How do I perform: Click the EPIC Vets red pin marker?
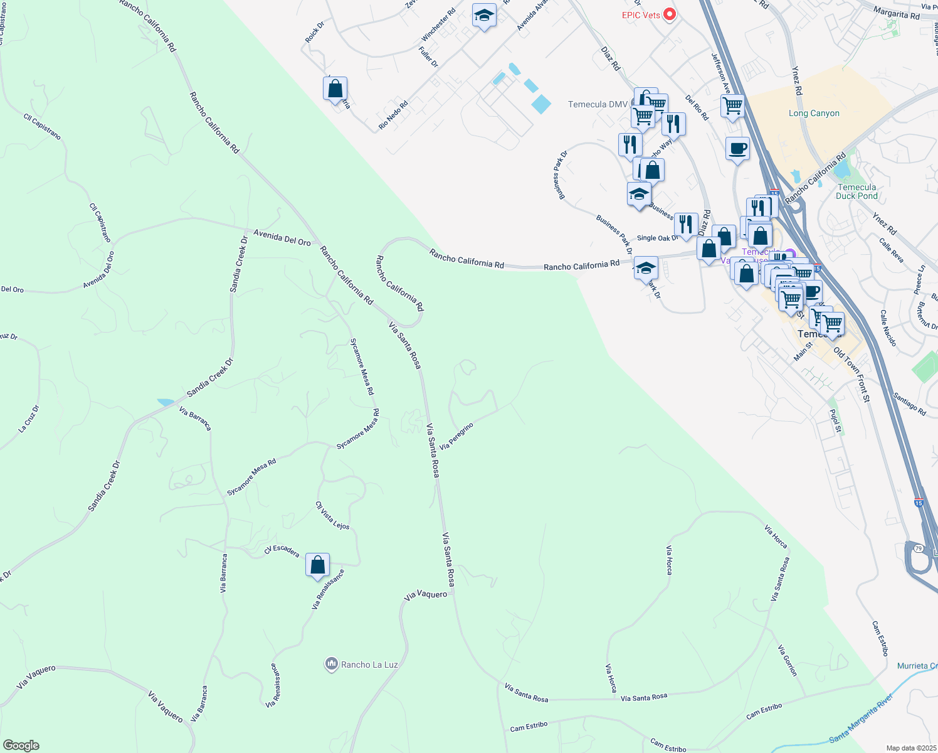pyautogui.click(x=669, y=14)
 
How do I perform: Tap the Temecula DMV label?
pyautogui.click(x=598, y=104)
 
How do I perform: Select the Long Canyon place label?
pyautogui.click(x=814, y=114)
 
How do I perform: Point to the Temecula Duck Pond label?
pyautogui.click(x=856, y=191)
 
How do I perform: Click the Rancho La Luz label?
pyautogui.click(x=369, y=665)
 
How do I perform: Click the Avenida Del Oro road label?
pyautogui.click(x=282, y=237)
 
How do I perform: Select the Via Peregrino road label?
pyautogui.click(x=456, y=436)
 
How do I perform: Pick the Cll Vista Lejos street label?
pyautogui.click(x=332, y=515)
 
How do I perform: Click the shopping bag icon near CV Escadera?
pyautogui.click(x=318, y=565)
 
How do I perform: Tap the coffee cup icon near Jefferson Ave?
pyautogui.click(x=737, y=149)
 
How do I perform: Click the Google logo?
pyautogui.click(x=21, y=745)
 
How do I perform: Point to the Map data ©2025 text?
pyautogui.click(x=911, y=748)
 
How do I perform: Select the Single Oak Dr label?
pyautogui.click(x=658, y=238)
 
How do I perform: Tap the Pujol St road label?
pyautogui.click(x=836, y=420)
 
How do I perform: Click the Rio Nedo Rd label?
pyautogui.click(x=393, y=115)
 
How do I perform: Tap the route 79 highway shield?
pyautogui.click(x=919, y=548)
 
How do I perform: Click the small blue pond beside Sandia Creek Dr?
pyautogui.click(x=166, y=402)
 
